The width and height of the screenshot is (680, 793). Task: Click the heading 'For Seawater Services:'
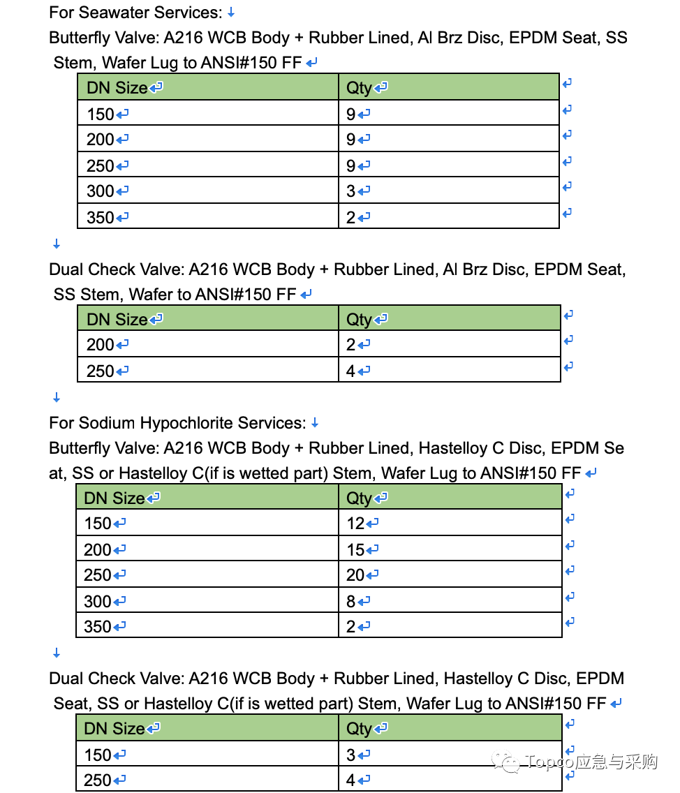135,13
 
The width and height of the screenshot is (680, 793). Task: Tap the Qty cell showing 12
356,524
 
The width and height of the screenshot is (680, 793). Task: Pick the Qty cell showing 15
356,550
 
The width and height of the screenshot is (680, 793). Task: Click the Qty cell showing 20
356,575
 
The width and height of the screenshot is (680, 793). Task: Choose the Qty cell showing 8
351,601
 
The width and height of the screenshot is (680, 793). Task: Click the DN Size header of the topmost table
117,88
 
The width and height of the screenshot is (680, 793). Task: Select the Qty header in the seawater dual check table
360,320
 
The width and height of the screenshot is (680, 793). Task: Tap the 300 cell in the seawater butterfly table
101,191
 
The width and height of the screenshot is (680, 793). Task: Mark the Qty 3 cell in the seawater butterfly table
351,191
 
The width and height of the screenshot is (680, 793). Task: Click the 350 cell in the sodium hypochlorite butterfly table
98,627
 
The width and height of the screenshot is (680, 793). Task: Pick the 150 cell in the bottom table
98,755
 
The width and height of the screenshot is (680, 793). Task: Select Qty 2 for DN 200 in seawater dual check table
351,345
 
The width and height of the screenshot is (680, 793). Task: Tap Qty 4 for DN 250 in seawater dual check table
351,371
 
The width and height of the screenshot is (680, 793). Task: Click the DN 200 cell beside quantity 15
98,550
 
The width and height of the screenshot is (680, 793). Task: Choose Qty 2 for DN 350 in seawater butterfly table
351,217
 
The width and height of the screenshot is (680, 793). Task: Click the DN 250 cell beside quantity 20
98,575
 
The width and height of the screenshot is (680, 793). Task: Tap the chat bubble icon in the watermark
508,762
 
